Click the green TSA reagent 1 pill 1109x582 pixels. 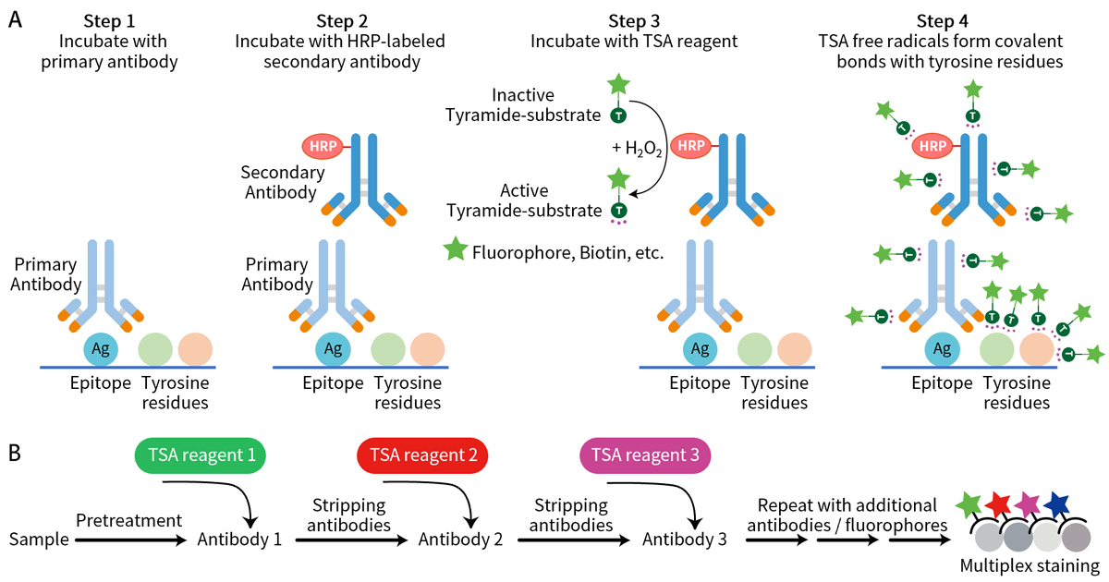201,455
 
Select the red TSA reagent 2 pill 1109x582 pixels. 422,455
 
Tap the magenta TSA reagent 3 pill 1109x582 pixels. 645,455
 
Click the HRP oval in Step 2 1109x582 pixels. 323,146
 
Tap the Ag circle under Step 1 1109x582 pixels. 102,349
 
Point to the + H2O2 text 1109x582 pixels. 637,149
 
